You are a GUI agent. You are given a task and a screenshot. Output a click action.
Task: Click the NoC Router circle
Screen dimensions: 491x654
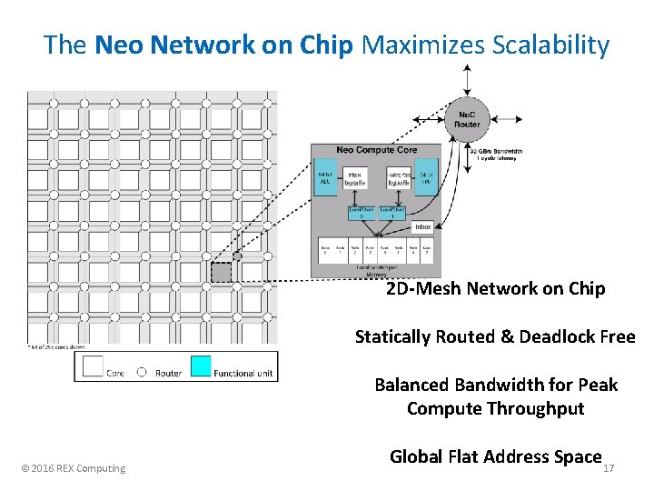[466, 118]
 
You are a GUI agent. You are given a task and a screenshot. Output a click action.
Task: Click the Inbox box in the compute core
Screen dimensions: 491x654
[422, 226]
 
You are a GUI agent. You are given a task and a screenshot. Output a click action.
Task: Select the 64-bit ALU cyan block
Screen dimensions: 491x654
[324, 178]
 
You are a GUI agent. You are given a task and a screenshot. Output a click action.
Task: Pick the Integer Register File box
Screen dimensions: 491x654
[354, 178]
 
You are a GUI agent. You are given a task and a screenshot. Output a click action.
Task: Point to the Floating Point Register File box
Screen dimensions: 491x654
[398, 178]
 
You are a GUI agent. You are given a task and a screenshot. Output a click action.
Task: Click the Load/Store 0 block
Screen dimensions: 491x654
[361, 212]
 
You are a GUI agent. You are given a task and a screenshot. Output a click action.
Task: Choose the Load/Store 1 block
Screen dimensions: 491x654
[392, 212]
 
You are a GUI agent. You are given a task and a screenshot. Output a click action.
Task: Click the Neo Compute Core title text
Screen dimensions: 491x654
[376, 150]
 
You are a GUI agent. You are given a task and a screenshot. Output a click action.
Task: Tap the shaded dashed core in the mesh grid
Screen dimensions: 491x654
[222, 272]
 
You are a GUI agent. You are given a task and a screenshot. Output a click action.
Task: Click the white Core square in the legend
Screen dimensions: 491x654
[94, 366]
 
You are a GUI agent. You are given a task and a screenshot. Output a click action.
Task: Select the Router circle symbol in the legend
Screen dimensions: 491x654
[142, 372]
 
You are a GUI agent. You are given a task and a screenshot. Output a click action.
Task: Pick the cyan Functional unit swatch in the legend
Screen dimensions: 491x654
[200, 366]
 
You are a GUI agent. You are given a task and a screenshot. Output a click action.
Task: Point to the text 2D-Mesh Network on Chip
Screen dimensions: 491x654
[495, 288]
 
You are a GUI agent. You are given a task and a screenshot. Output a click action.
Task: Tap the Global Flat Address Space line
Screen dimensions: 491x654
[495, 456]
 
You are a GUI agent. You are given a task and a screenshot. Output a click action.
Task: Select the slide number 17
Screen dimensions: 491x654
[609, 469]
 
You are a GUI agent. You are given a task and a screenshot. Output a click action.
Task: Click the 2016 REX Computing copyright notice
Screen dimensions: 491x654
[74, 468]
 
